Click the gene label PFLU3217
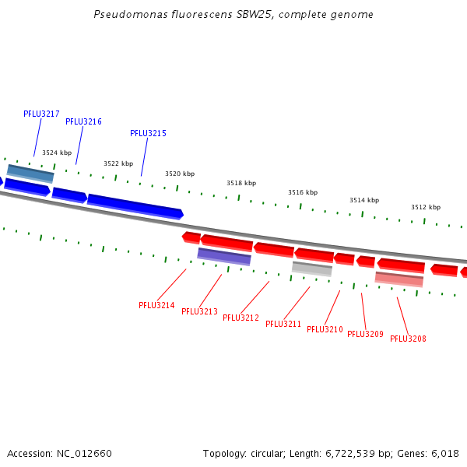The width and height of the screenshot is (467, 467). click(x=41, y=114)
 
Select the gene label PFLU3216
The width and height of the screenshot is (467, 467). click(x=83, y=121)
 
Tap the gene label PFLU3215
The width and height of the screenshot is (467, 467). click(x=148, y=133)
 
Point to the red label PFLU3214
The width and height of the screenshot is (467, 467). click(x=156, y=305)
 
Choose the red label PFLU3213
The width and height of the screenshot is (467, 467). click(x=199, y=311)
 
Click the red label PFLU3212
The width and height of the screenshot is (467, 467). click(x=241, y=318)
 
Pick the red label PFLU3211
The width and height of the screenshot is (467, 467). click(x=283, y=324)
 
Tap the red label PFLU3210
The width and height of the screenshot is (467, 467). click(x=325, y=329)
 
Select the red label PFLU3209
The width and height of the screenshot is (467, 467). click(x=365, y=334)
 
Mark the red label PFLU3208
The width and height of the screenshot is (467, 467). click(x=408, y=339)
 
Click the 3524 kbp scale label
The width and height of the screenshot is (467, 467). click(x=57, y=153)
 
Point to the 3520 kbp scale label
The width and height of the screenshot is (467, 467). click(x=180, y=174)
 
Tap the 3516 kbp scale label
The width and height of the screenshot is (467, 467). click(x=303, y=192)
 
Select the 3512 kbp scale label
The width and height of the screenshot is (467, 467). click(x=426, y=207)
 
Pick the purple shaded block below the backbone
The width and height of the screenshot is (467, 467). click(x=224, y=256)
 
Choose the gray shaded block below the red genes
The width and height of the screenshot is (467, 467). click(x=312, y=269)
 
